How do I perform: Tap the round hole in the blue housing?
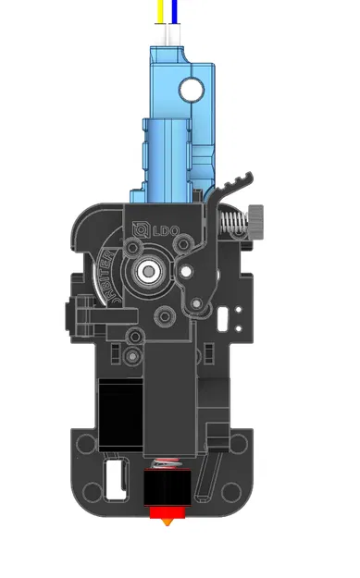192,89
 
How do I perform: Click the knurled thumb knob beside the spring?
260,222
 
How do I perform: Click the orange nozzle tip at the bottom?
168,523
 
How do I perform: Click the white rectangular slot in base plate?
117,480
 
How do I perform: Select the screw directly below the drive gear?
166,316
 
